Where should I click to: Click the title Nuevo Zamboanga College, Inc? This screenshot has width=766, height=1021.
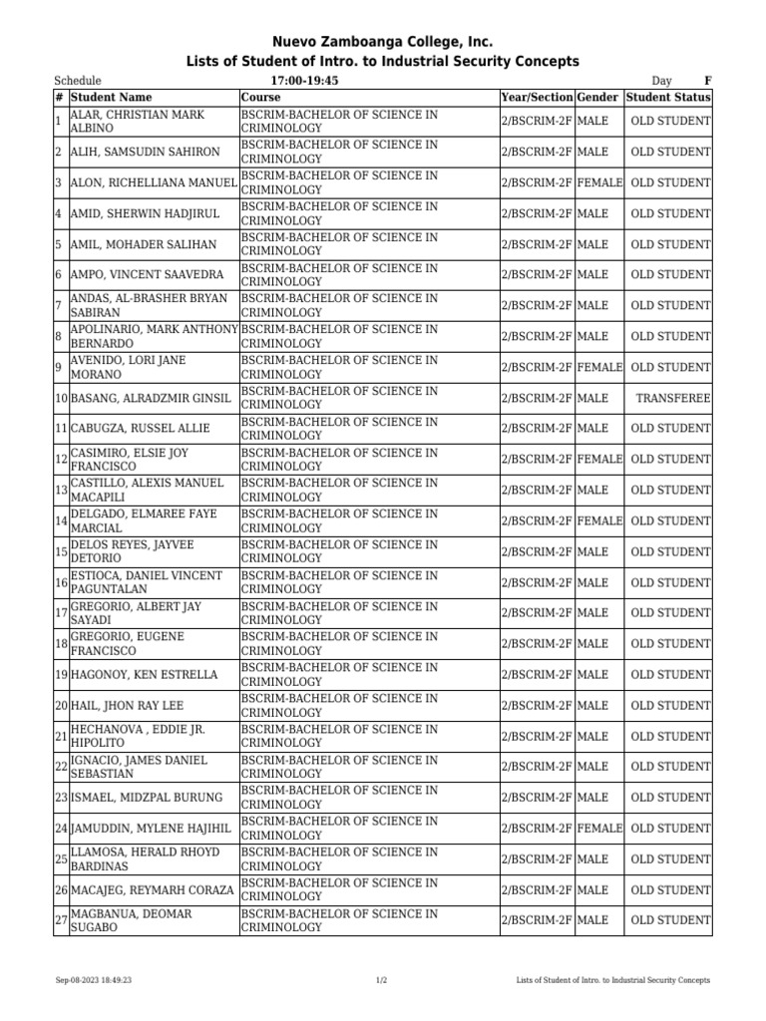tap(383, 42)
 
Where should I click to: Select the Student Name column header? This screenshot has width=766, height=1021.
tap(111, 98)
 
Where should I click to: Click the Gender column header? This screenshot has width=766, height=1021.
tap(598, 98)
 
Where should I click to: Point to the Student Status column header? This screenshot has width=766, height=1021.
tap(668, 98)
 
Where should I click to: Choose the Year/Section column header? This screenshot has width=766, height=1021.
tap(537, 98)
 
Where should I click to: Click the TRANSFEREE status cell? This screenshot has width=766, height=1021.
tap(673, 399)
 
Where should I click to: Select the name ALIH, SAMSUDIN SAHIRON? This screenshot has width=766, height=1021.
tap(145, 153)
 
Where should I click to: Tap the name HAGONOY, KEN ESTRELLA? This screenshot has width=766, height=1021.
tap(144, 675)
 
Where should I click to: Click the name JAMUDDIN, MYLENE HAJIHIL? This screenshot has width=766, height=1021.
tap(151, 829)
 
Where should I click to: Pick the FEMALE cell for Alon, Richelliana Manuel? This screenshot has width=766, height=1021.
tap(599, 183)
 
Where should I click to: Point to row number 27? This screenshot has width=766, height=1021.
tap(61, 920)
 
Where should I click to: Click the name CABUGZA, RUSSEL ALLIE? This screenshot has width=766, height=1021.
tap(140, 429)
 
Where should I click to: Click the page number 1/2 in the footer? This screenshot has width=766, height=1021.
tap(382, 981)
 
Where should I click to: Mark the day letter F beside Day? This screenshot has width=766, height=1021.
tap(707, 81)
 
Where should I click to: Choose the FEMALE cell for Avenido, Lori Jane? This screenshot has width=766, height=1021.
tap(599, 368)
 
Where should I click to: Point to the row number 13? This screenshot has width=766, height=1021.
tap(61, 491)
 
